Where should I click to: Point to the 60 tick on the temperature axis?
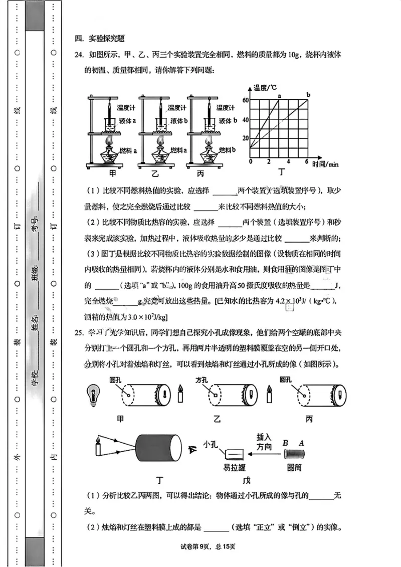(x=245, y=100)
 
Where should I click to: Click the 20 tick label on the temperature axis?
(x=245, y=138)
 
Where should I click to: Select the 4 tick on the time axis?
(x=288, y=162)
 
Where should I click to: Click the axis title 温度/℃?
(x=266, y=88)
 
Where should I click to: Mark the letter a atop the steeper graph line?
(x=279, y=95)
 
